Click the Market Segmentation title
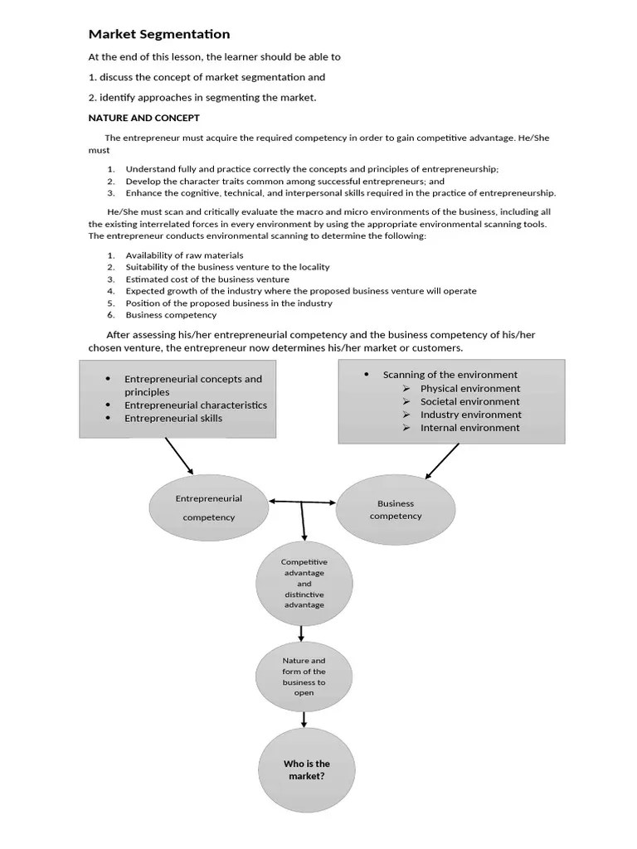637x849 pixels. (x=159, y=34)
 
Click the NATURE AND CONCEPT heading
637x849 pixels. (x=143, y=118)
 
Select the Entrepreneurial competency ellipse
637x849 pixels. (x=208, y=507)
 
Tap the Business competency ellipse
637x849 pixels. (x=396, y=509)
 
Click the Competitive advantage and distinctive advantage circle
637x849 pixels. (x=304, y=584)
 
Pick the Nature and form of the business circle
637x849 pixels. (x=304, y=677)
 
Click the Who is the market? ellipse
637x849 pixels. (x=306, y=770)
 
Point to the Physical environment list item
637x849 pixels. (x=469, y=388)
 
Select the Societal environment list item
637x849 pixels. (x=469, y=401)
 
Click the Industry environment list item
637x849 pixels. (x=470, y=415)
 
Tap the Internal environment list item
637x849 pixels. (x=469, y=428)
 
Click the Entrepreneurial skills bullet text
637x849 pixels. (x=173, y=419)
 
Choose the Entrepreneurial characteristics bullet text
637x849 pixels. (x=196, y=405)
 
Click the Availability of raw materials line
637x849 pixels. (x=184, y=255)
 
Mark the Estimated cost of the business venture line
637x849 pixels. (x=196, y=279)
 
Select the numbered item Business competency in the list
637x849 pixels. (x=171, y=315)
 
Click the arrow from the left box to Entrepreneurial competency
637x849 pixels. (x=179, y=455)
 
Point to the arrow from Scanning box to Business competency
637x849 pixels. (x=442, y=461)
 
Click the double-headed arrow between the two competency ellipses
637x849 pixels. (x=303, y=502)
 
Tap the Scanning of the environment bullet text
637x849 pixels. (x=450, y=375)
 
